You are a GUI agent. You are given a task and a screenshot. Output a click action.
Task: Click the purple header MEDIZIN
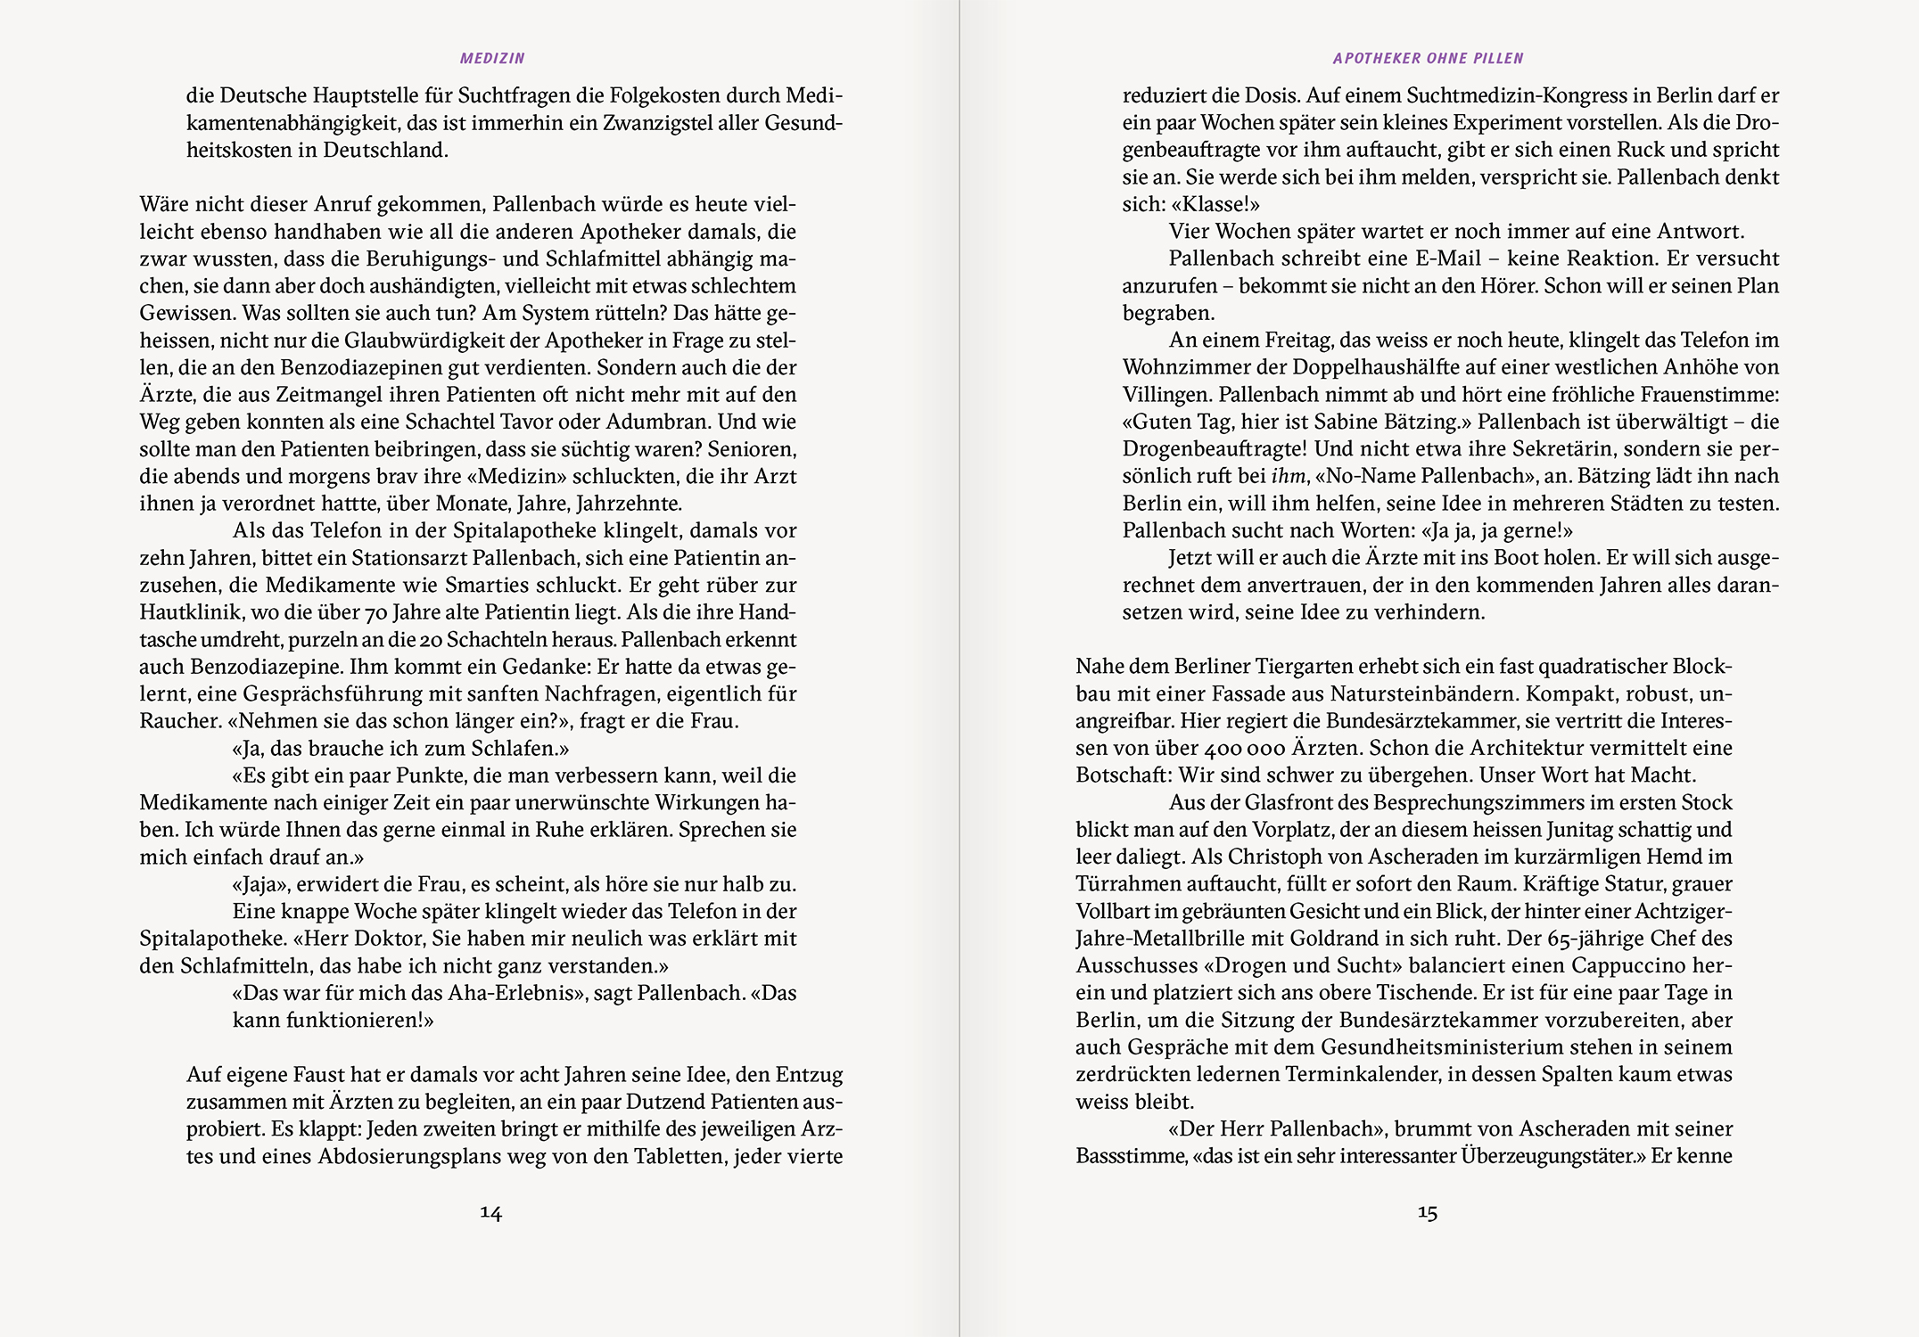492,59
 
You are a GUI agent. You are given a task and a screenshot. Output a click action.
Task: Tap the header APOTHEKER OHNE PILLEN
1428,59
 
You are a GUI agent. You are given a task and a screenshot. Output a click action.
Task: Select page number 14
491,1212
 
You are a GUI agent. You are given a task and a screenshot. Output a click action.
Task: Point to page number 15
1428,1212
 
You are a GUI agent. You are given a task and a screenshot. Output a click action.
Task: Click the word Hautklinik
189,613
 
